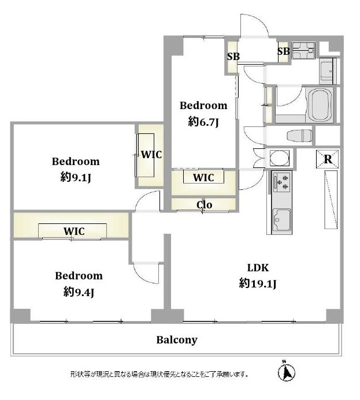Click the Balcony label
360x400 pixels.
click(177, 340)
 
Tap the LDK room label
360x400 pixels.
click(258, 268)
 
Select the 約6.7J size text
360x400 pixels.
click(203, 122)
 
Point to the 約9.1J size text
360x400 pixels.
click(76, 177)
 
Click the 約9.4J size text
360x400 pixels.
click(79, 292)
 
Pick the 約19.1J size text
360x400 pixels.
click(258, 283)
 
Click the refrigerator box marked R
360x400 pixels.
click(328, 159)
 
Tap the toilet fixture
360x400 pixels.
click(299, 136)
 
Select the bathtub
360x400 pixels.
click(320, 106)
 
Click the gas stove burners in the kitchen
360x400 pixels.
click(282, 182)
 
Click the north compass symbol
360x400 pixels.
click(286, 372)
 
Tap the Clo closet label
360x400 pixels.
click(204, 204)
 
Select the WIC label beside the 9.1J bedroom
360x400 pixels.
click(151, 155)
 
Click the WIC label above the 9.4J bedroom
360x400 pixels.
click(74, 231)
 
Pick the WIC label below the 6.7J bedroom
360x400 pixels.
click(203, 178)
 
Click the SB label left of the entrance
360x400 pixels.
click(233, 57)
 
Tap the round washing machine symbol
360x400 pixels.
click(280, 158)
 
